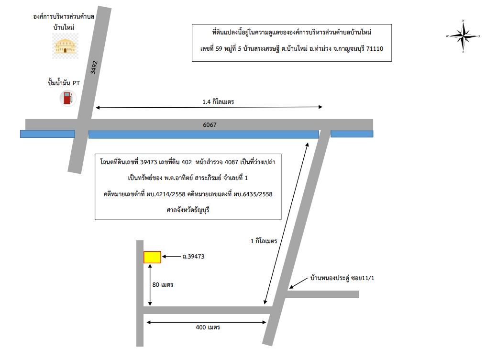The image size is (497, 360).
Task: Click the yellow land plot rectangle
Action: click(152, 257)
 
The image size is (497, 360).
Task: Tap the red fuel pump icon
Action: click(68, 98)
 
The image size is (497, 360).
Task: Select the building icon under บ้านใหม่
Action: click(66, 46)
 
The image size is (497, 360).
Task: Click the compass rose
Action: click(463, 36)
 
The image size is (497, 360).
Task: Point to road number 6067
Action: click(210, 125)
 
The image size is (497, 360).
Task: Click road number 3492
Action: click(94, 67)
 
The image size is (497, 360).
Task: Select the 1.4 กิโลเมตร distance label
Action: click(218, 102)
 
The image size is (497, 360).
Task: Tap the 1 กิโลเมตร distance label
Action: click(264, 241)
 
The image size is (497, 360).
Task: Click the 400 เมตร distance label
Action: click(208, 327)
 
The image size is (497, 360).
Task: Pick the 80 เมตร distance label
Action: click(163, 285)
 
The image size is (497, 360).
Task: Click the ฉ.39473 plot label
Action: click(193, 257)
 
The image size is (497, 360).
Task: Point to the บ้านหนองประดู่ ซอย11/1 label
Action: click(342, 278)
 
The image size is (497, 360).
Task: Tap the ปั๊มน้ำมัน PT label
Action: click(64, 83)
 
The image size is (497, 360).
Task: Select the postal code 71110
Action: click(375, 49)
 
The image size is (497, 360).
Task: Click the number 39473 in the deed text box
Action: click(149, 162)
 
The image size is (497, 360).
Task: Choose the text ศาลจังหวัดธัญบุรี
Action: click(188, 210)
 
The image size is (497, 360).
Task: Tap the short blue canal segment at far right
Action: click(352, 134)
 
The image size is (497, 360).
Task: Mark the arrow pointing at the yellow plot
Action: click(171, 257)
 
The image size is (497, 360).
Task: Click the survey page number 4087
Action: click(232, 162)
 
